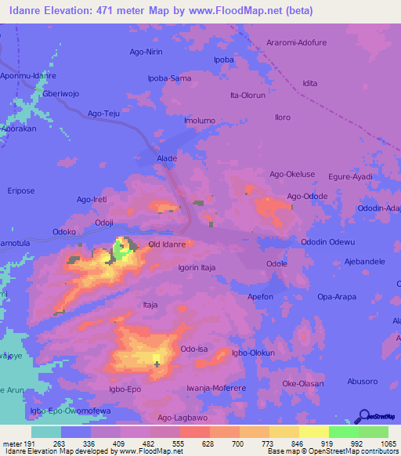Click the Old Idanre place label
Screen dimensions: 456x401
click(x=167, y=244)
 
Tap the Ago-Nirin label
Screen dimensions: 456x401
click(x=145, y=52)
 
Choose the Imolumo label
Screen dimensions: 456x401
click(x=199, y=121)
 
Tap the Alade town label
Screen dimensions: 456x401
click(x=167, y=157)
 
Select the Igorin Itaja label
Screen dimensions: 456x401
click(x=197, y=267)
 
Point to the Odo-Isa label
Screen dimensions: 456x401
click(x=193, y=349)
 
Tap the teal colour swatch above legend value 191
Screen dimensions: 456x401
click(x=46, y=432)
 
